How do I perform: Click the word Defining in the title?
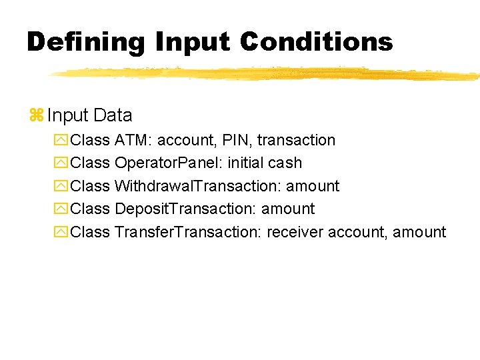pos(85,42)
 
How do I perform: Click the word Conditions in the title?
pos(317,42)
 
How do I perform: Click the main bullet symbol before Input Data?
pos(36,115)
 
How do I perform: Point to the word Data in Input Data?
pos(113,115)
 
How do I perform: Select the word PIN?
pos(238,140)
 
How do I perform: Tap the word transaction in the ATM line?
pos(296,140)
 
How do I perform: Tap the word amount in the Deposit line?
pos(288,209)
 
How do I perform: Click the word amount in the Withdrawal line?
pos(313,186)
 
